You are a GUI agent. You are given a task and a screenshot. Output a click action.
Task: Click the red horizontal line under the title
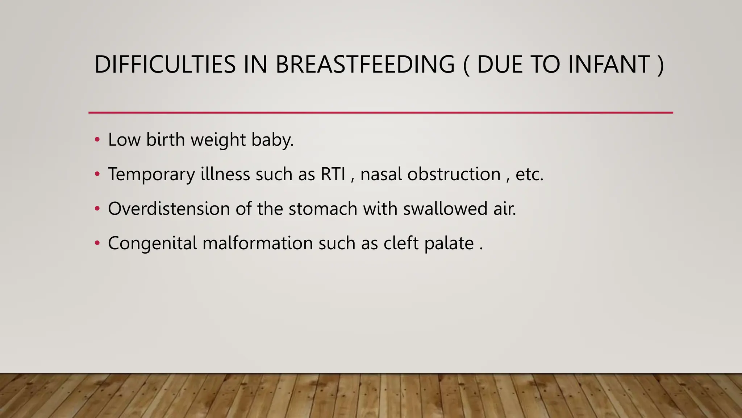click(380, 112)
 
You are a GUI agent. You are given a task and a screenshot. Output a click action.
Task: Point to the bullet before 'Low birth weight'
click(97, 140)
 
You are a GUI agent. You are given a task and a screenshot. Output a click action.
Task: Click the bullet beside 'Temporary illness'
click(97, 174)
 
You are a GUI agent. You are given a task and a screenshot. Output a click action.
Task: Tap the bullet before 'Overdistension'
click(97, 209)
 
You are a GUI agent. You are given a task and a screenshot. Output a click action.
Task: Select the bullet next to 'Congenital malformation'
click(97, 243)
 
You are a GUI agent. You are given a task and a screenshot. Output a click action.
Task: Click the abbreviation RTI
click(333, 174)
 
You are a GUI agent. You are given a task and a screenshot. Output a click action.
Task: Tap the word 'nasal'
click(381, 174)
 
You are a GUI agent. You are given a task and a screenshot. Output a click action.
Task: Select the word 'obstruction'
click(454, 174)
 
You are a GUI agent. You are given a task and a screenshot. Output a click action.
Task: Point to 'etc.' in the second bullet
click(529, 174)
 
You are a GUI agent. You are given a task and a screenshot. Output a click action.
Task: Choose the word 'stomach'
click(323, 209)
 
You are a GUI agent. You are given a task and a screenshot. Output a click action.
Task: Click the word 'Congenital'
click(153, 243)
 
